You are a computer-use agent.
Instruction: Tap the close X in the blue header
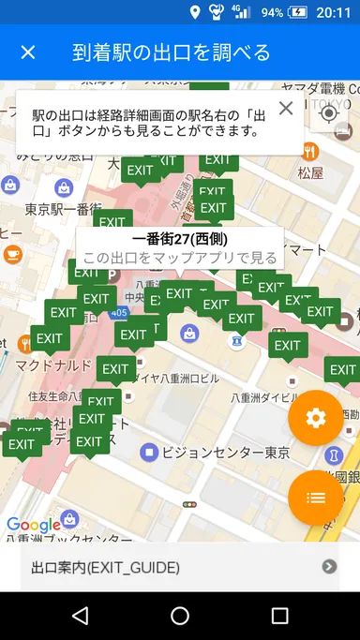(28, 52)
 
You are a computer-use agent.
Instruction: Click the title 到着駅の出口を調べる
(171, 52)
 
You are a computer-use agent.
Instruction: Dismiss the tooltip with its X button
(286, 108)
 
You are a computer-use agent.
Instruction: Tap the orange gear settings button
(316, 418)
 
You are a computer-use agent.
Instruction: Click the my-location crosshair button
(328, 113)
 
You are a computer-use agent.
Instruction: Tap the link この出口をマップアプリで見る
(179, 257)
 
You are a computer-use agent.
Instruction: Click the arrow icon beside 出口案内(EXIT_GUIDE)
(329, 566)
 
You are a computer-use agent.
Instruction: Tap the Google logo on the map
(34, 526)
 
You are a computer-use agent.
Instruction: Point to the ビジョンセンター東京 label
(225, 453)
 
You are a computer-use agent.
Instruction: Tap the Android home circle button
(180, 616)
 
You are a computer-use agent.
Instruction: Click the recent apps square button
(279, 616)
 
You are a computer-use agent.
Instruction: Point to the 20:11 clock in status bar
(333, 12)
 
